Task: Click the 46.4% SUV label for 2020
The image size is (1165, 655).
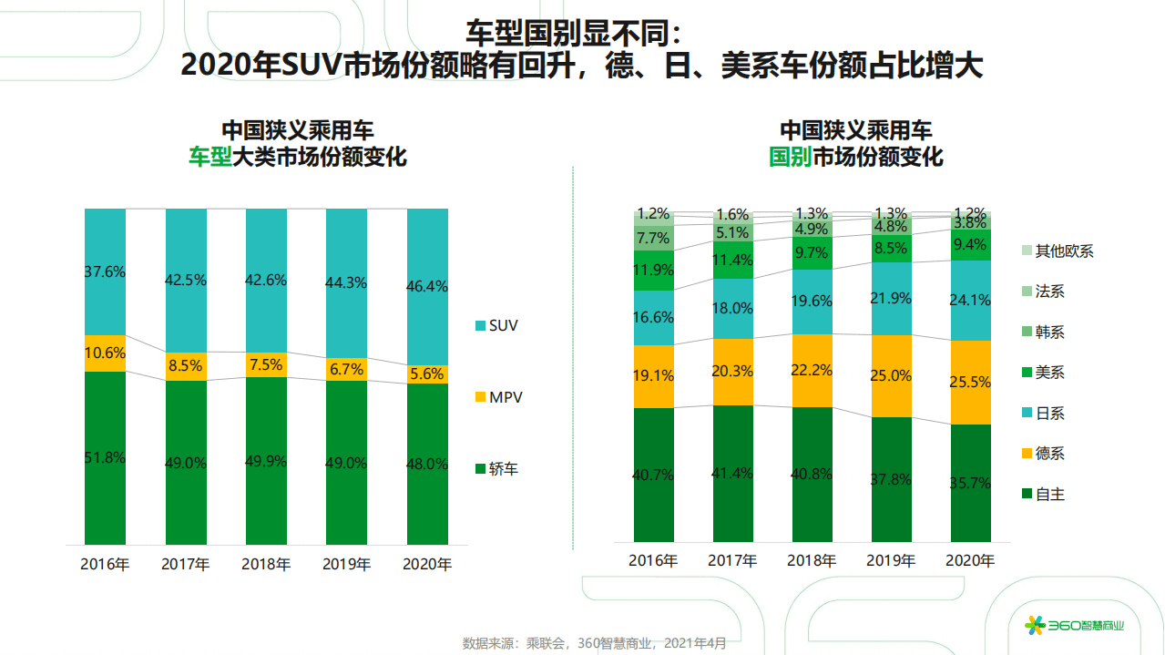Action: pos(427,286)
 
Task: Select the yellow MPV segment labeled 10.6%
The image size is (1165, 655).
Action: pos(105,353)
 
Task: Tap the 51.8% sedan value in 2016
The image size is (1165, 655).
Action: pos(105,457)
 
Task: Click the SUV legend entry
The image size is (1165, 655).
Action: pos(496,325)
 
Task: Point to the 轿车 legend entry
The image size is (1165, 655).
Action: pos(496,469)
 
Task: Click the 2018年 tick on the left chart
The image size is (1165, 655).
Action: pos(266,564)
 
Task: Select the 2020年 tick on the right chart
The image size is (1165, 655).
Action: pos(970,560)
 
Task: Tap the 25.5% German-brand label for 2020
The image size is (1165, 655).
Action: pos(970,383)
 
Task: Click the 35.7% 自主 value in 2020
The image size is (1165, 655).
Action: pos(970,483)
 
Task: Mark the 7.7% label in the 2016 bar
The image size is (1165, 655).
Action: pos(654,238)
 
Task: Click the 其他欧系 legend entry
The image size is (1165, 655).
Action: pos(1057,251)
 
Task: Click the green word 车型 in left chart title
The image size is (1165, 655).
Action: pos(209,157)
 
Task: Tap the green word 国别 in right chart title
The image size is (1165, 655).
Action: pos(791,157)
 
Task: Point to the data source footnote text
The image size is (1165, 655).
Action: pos(595,643)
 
